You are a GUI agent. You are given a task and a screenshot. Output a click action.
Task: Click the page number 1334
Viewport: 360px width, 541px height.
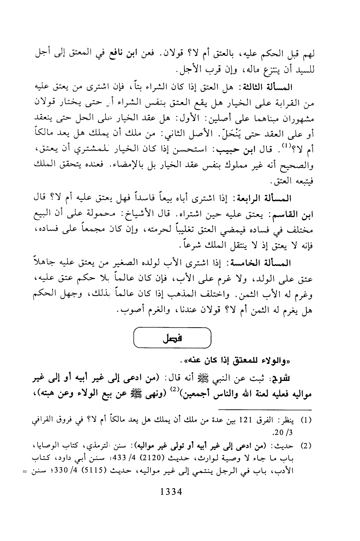[x=170, y=492]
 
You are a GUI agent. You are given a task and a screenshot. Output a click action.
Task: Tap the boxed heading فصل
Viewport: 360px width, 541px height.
[x=172, y=338]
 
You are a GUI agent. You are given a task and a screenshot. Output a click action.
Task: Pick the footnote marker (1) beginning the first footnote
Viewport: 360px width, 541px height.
[x=308, y=420]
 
